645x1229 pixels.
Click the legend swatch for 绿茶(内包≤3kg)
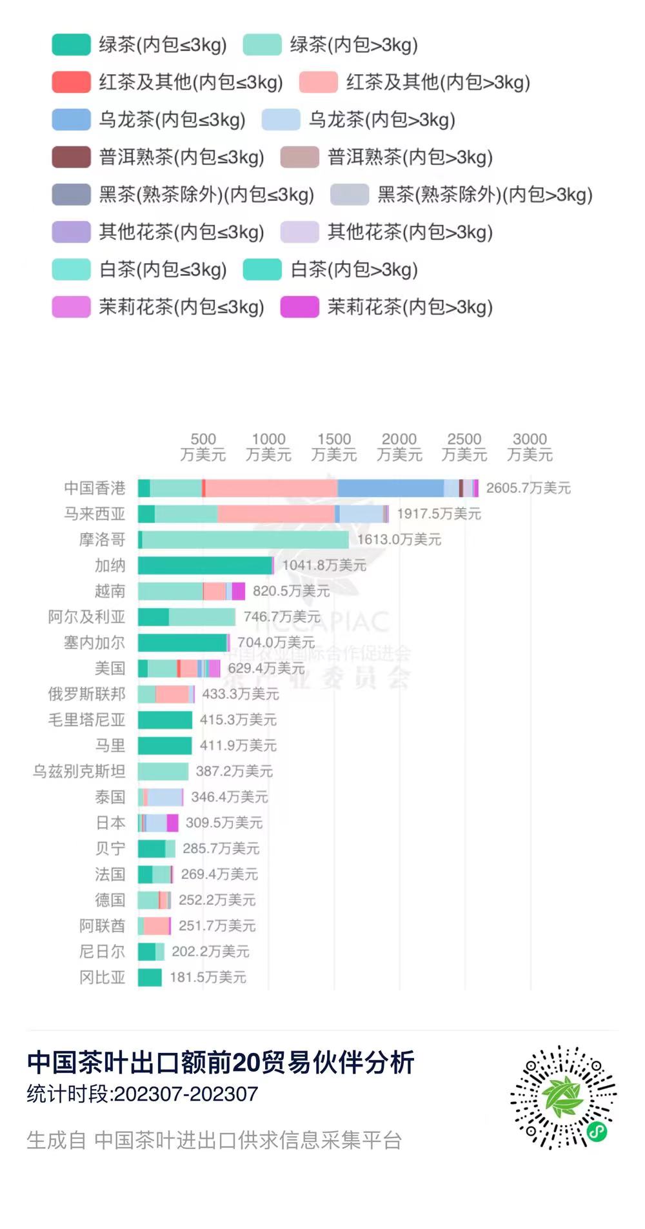71,44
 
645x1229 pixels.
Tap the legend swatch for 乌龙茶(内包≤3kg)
71,119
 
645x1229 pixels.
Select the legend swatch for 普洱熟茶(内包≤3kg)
71,157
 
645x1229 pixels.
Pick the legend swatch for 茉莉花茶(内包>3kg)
299,307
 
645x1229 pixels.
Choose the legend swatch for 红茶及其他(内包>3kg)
318,82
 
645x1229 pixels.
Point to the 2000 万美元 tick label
399,447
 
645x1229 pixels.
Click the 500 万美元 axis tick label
203,447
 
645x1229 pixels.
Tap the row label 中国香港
94,488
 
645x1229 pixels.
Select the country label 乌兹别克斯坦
79,771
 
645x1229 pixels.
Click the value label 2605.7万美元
528,488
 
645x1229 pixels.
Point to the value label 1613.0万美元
399,540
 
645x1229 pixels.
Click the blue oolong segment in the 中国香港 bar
390,488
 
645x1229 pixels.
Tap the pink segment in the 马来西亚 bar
276,514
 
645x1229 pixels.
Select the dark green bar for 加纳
204,565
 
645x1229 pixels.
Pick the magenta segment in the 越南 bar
239,591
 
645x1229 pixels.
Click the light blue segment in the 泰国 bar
164,797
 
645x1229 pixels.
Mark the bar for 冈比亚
150,978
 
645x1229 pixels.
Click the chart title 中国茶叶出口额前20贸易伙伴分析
221,1063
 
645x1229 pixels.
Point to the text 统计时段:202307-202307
143,1094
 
